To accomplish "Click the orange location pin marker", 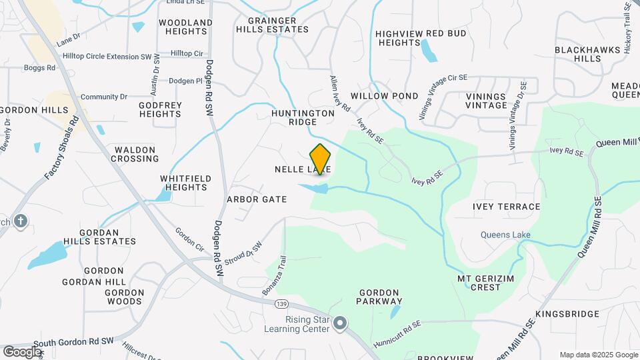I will pyautogui.click(x=321, y=159).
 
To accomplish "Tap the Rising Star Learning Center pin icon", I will pyautogui.click(x=341, y=324).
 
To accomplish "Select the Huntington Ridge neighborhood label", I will pyautogui.click(x=303, y=117).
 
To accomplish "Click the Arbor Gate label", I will pyautogui.click(x=257, y=199).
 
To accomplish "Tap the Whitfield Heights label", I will pyautogui.click(x=184, y=183).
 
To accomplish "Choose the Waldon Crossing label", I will pyautogui.click(x=135, y=154).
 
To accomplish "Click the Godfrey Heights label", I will pyautogui.click(x=160, y=109).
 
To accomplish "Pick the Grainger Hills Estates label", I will pyautogui.click(x=272, y=25).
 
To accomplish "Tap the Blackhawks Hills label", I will pyautogui.click(x=578, y=54).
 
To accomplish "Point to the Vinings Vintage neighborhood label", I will pyautogui.click(x=487, y=101).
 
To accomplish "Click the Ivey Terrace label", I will pyautogui.click(x=507, y=207).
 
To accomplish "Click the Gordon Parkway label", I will pyautogui.click(x=379, y=297).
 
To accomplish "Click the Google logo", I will pyautogui.click(x=22, y=351).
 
